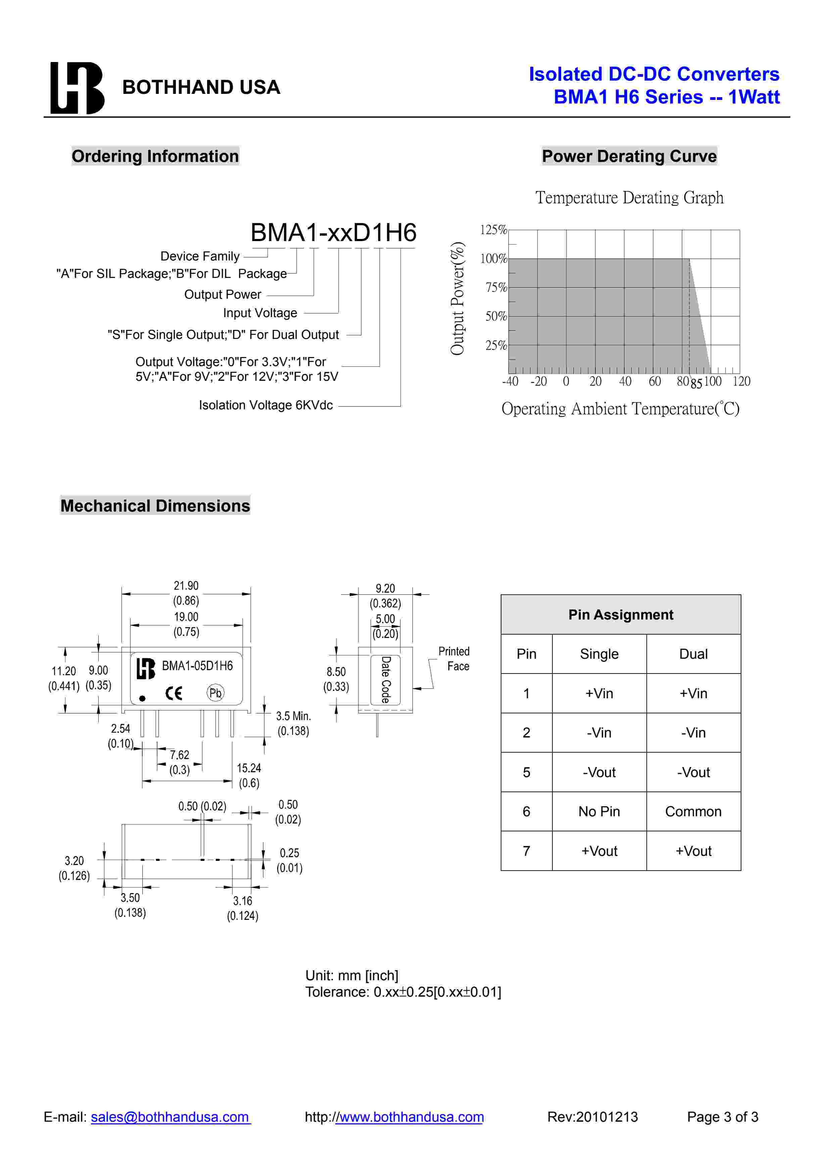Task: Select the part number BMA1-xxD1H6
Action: pos(333,233)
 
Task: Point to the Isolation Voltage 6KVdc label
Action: pos(265,405)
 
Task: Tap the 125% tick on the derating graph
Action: pos(493,230)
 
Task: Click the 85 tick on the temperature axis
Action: pos(696,384)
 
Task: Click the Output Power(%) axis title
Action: pos(457,298)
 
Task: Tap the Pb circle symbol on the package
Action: pos(215,693)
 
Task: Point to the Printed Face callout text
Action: pos(454,659)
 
